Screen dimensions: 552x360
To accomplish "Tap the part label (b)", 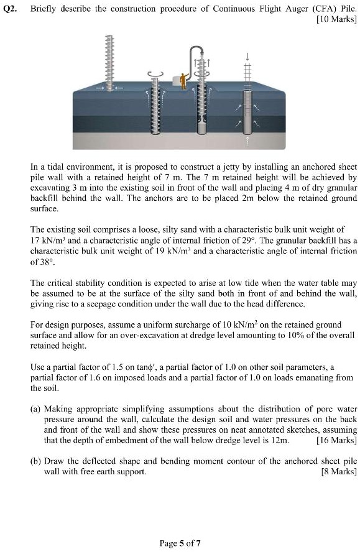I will point(36,461).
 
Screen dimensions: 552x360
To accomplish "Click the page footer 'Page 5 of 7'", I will point(180,543).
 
